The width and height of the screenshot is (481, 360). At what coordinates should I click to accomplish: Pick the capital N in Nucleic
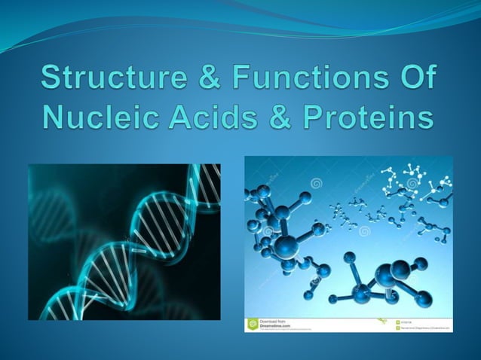coord(56,119)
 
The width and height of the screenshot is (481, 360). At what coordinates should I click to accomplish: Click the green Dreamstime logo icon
coord(253,325)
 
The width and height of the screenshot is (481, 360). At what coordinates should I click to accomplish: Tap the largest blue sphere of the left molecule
coord(286,246)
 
